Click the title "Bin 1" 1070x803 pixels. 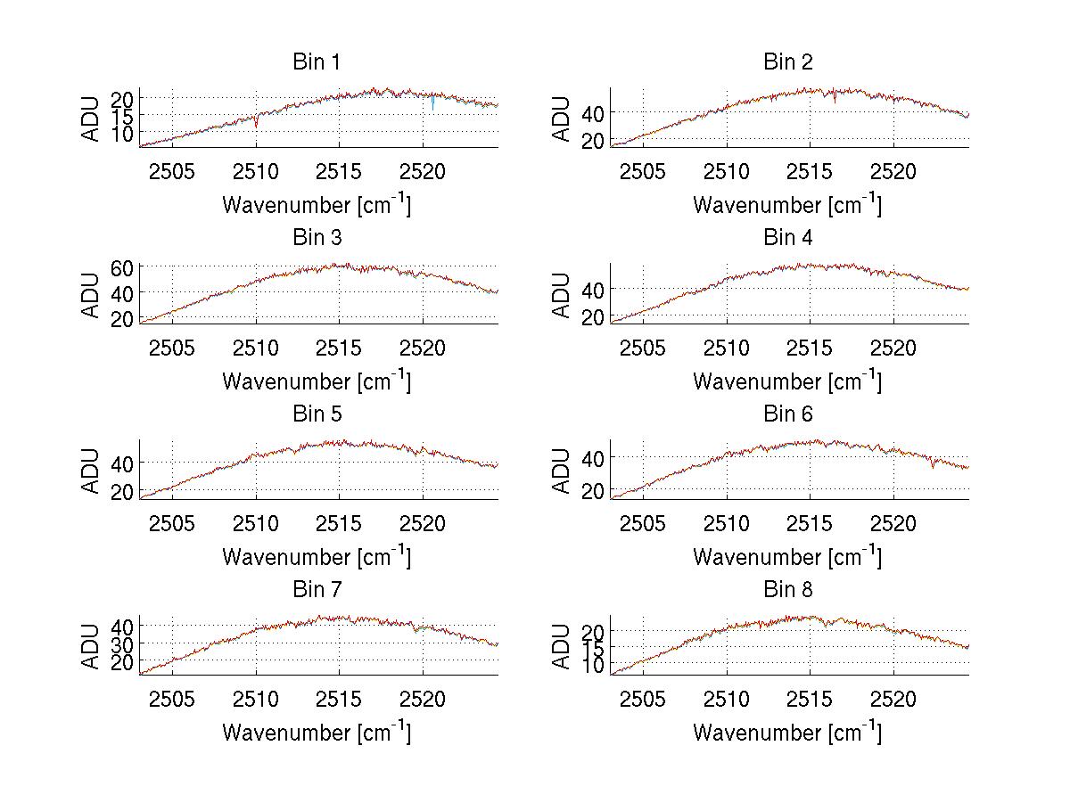coord(316,62)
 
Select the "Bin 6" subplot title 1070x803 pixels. coord(787,414)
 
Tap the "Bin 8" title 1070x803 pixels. coord(787,590)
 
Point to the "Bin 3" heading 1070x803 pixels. coord(316,238)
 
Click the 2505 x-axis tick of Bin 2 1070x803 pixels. coord(642,171)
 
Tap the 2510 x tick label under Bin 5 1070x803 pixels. coord(256,523)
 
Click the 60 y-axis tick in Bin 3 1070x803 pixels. coord(122,268)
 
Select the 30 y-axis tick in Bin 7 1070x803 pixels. coord(122,643)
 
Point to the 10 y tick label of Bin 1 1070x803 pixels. coord(122,133)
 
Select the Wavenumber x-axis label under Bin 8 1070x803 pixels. coord(787,732)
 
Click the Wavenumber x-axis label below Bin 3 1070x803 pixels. coord(316,381)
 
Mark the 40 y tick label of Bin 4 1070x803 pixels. coord(593,289)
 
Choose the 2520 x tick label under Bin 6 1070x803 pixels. coord(893,523)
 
